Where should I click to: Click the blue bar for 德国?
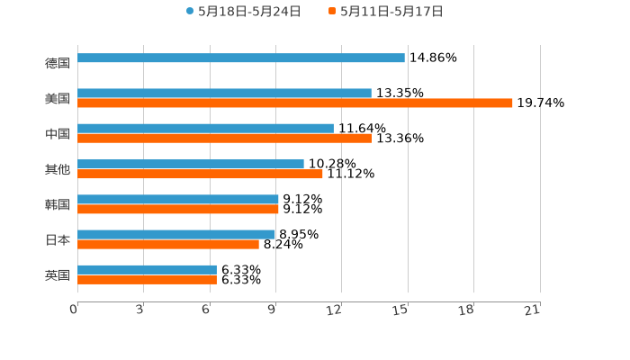(241, 58)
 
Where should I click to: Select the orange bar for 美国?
(295, 103)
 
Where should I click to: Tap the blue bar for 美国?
(224, 93)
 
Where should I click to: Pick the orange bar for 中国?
(224, 139)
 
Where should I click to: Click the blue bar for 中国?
(205, 128)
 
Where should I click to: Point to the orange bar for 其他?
(200, 174)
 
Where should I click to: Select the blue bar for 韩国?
(178, 199)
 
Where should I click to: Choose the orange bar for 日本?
(168, 245)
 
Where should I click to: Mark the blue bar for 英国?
(147, 269)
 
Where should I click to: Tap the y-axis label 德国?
(58, 63)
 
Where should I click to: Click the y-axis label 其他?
(58, 169)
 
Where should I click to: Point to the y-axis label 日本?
(58, 240)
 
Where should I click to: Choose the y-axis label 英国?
(58, 275)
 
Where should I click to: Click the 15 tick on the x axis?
(400, 310)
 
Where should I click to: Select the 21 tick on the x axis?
(533, 310)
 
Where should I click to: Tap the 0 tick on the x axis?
(74, 310)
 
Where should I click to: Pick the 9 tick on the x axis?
(271, 310)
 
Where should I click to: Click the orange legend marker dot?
(332, 12)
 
